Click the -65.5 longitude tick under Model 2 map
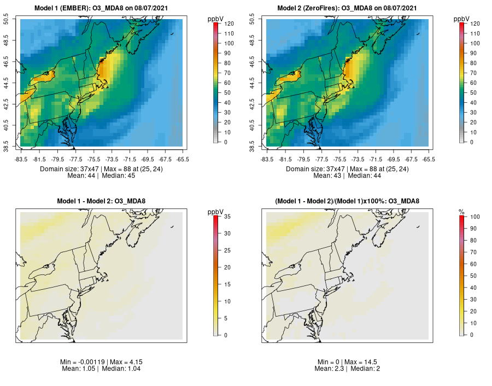tap(429, 159)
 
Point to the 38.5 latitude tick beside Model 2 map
tap(253, 147)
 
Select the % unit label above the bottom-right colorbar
tap(461, 212)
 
